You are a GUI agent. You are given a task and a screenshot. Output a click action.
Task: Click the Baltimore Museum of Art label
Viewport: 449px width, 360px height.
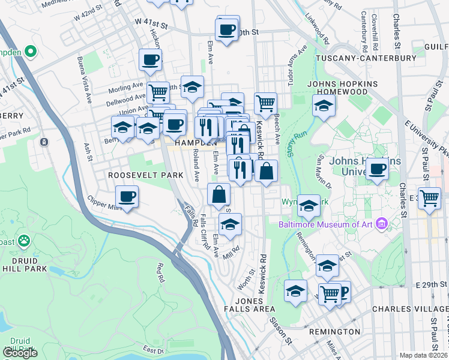coord(326,225)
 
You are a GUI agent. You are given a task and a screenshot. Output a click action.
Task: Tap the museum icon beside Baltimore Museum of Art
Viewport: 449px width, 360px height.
coord(381,225)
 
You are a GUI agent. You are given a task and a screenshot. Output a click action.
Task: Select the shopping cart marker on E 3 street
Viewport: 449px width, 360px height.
coord(430,197)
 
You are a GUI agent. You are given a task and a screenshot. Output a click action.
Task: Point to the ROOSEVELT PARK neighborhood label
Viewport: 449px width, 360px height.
coord(145,175)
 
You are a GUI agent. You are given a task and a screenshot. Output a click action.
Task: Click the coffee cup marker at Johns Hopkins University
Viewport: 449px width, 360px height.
coord(377,169)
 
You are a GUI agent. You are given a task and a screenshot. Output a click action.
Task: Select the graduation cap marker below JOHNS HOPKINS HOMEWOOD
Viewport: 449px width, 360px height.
coord(324,106)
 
